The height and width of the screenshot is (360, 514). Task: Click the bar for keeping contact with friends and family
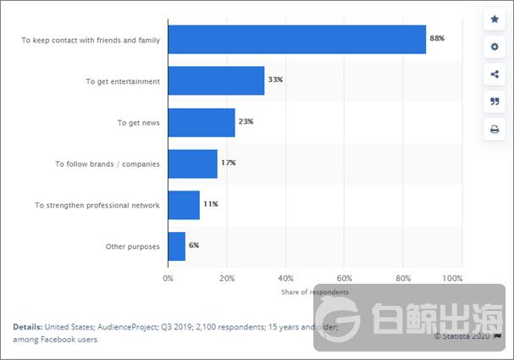pos(296,40)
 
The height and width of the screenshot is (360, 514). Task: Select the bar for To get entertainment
pos(216,80)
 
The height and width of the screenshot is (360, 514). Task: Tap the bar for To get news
pos(202,122)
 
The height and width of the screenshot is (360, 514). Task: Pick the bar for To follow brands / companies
pos(192,163)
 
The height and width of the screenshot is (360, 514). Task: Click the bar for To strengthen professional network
pos(184,204)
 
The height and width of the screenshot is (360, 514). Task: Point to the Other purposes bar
pos(176,246)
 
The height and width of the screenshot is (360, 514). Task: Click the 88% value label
pos(437,39)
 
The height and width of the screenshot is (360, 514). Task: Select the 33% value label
pos(274,80)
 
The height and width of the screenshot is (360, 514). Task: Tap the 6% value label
pos(194,246)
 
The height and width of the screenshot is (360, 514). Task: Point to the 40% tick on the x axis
pos(285,278)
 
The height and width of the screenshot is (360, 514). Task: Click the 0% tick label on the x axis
pos(168,278)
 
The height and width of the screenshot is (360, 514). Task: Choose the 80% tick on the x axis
pos(403,278)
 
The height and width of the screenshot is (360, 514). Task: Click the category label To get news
pos(139,123)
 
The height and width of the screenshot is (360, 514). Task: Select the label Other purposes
pos(133,246)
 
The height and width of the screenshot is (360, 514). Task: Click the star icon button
pos(495,19)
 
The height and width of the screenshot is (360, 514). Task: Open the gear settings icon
pos(495,47)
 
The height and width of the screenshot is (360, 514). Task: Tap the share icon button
pos(495,75)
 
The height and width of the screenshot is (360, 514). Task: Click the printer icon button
pos(495,130)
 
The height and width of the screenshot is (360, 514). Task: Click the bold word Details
pos(27,326)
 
